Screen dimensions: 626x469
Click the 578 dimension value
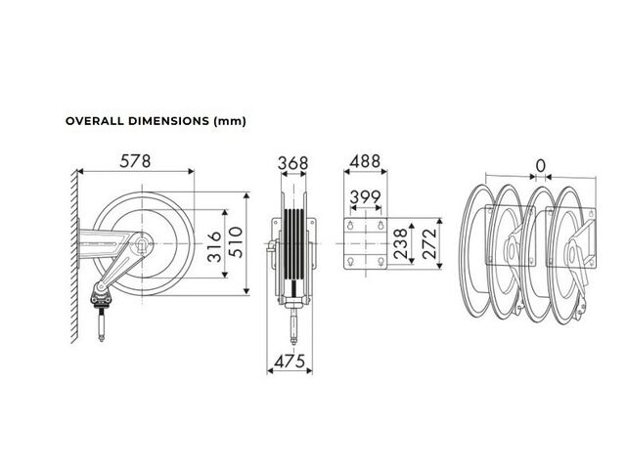pyautogui.click(x=135, y=161)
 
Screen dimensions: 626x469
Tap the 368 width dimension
pyautogui.click(x=293, y=163)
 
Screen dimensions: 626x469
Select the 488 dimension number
pyautogui.click(x=365, y=161)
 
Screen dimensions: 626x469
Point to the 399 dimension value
pyautogui.click(x=365, y=197)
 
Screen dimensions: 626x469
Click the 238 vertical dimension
pyautogui.click(x=400, y=243)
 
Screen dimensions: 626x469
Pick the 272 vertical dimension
pyautogui.click(x=429, y=243)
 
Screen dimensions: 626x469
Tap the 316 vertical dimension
pyautogui.click(x=214, y=246)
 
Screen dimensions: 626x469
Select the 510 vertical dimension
pyautogui.click(x=236, y=242)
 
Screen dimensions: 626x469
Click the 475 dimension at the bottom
pyautogui.click(x=290, y=362)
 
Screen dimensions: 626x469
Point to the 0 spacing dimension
pyautogui.click(x=540, y=165)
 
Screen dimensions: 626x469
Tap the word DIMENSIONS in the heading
pyautogui.click(x=168, y=121)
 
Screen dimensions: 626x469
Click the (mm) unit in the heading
pyautogui.click(x=230, y=121)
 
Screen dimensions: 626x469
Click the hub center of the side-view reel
pyautogui.click(x=141, y=243)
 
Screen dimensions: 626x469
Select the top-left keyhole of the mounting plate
pyautogui.click(x=350, y=226)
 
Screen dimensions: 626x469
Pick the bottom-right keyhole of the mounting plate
pyautogui.click(x=380, y=262)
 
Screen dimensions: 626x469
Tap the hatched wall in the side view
pyautogui.click(x=74, y=256)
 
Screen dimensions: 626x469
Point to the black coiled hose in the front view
pyautogui.click(x=293, y=244)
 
